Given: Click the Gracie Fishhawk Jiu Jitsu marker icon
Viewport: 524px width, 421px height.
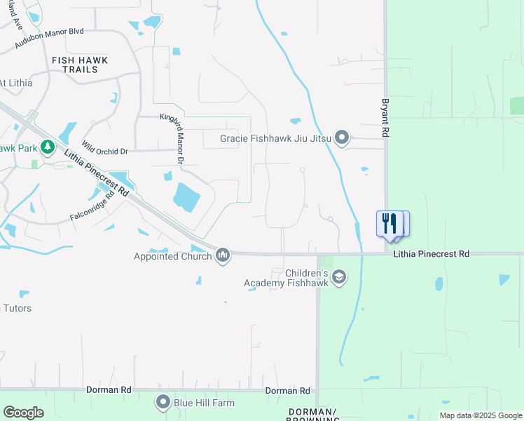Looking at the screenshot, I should tap(342, 138).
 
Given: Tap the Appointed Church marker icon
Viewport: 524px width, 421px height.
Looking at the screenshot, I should tap(223, 255).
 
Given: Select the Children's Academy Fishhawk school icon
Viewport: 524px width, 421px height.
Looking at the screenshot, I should tap(339, 277).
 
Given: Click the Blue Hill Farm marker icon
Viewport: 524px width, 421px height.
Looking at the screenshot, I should tap(163, 403).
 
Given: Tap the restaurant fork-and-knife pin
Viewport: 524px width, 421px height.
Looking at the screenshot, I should tap(389, 224).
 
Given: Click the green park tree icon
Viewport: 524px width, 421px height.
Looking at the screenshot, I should tap(48, 147).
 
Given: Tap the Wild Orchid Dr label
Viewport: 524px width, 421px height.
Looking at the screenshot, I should tap(104, 148).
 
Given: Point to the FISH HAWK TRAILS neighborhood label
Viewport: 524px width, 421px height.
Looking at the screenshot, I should tap(79, 65).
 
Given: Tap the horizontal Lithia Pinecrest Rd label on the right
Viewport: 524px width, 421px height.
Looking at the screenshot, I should tap(431, 254).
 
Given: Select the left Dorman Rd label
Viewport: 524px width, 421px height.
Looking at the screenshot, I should tap(109, 389).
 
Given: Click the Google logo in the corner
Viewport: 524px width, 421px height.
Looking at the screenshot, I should tap(23, 413).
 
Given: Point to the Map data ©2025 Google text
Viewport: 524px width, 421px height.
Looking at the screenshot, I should tap(481, 415).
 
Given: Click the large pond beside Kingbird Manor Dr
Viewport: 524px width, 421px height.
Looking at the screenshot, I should tap(184, 196).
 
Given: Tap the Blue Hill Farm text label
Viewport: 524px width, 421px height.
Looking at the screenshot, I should tap(204, 403).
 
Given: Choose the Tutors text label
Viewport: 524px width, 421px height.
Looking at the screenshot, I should tap(17, 308).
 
